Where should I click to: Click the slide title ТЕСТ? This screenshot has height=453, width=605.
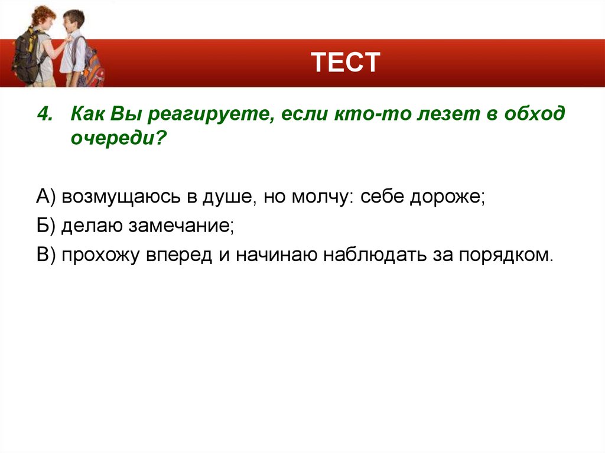click(x=346, y=62)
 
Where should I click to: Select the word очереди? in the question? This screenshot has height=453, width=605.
click(x=117, y=139)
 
